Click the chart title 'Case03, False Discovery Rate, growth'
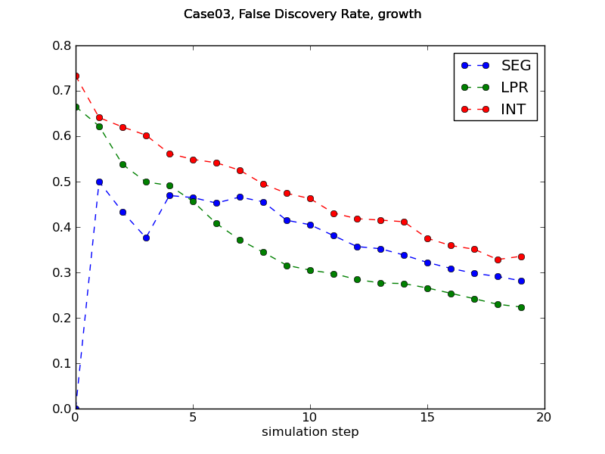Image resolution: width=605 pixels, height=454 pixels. coord(302,14)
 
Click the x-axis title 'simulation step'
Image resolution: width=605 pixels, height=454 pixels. coord(310,432)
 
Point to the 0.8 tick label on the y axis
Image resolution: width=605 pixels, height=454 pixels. coord(60,45)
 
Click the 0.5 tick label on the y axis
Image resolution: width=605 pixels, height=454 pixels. coord(60,182)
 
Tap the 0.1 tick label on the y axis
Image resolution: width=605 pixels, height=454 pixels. coord(60,363)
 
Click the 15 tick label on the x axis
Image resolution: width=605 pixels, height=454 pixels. coord(427,417)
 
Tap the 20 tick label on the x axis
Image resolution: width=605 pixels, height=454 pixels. coord(544,417)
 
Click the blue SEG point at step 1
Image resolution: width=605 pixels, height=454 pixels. coord(99,182)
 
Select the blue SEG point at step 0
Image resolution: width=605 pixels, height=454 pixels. coord(76,408)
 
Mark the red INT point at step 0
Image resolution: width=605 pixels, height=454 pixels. coord(76,76)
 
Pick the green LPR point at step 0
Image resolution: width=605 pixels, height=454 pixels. coord(76,107)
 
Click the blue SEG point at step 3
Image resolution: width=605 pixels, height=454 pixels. coord(146,238)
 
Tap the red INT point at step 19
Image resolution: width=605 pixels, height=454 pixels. coord(521,257)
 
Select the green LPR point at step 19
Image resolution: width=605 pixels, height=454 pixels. coord(521,307)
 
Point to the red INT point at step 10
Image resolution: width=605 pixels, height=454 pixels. coord(310,198)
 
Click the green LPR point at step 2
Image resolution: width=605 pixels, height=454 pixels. coord(123,164)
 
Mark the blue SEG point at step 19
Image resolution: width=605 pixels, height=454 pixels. coord(521,281)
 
